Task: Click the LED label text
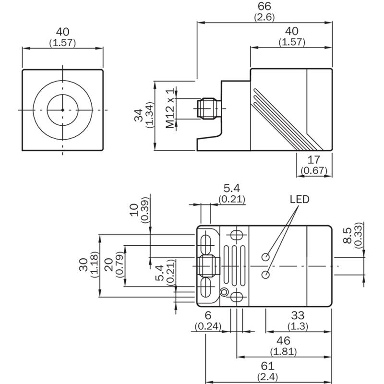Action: (x=300, y=199)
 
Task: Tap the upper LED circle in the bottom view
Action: (x=266, y=257)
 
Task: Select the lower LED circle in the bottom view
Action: (x=266, y=275)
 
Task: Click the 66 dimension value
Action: (x=264, y=6)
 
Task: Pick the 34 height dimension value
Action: (x=139, y=115)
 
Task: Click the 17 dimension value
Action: (x=314, y=160)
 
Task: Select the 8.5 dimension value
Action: (x=348, y=235)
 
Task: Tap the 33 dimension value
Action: (x=298, y=315)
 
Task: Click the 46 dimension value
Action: (x=283, y=341)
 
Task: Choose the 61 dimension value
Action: (x=267, y=366)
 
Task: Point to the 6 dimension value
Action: (x=208, y=315)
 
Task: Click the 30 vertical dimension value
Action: (x=84, y=265)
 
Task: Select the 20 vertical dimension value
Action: (x=109, y=265)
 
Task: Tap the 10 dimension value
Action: (x=134, y=210)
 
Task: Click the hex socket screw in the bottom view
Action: (x=224, y=292)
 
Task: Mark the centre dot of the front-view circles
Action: (x=63, y=110)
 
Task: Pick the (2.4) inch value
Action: (x=267, y=377)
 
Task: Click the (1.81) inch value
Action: (x=283, y=352)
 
